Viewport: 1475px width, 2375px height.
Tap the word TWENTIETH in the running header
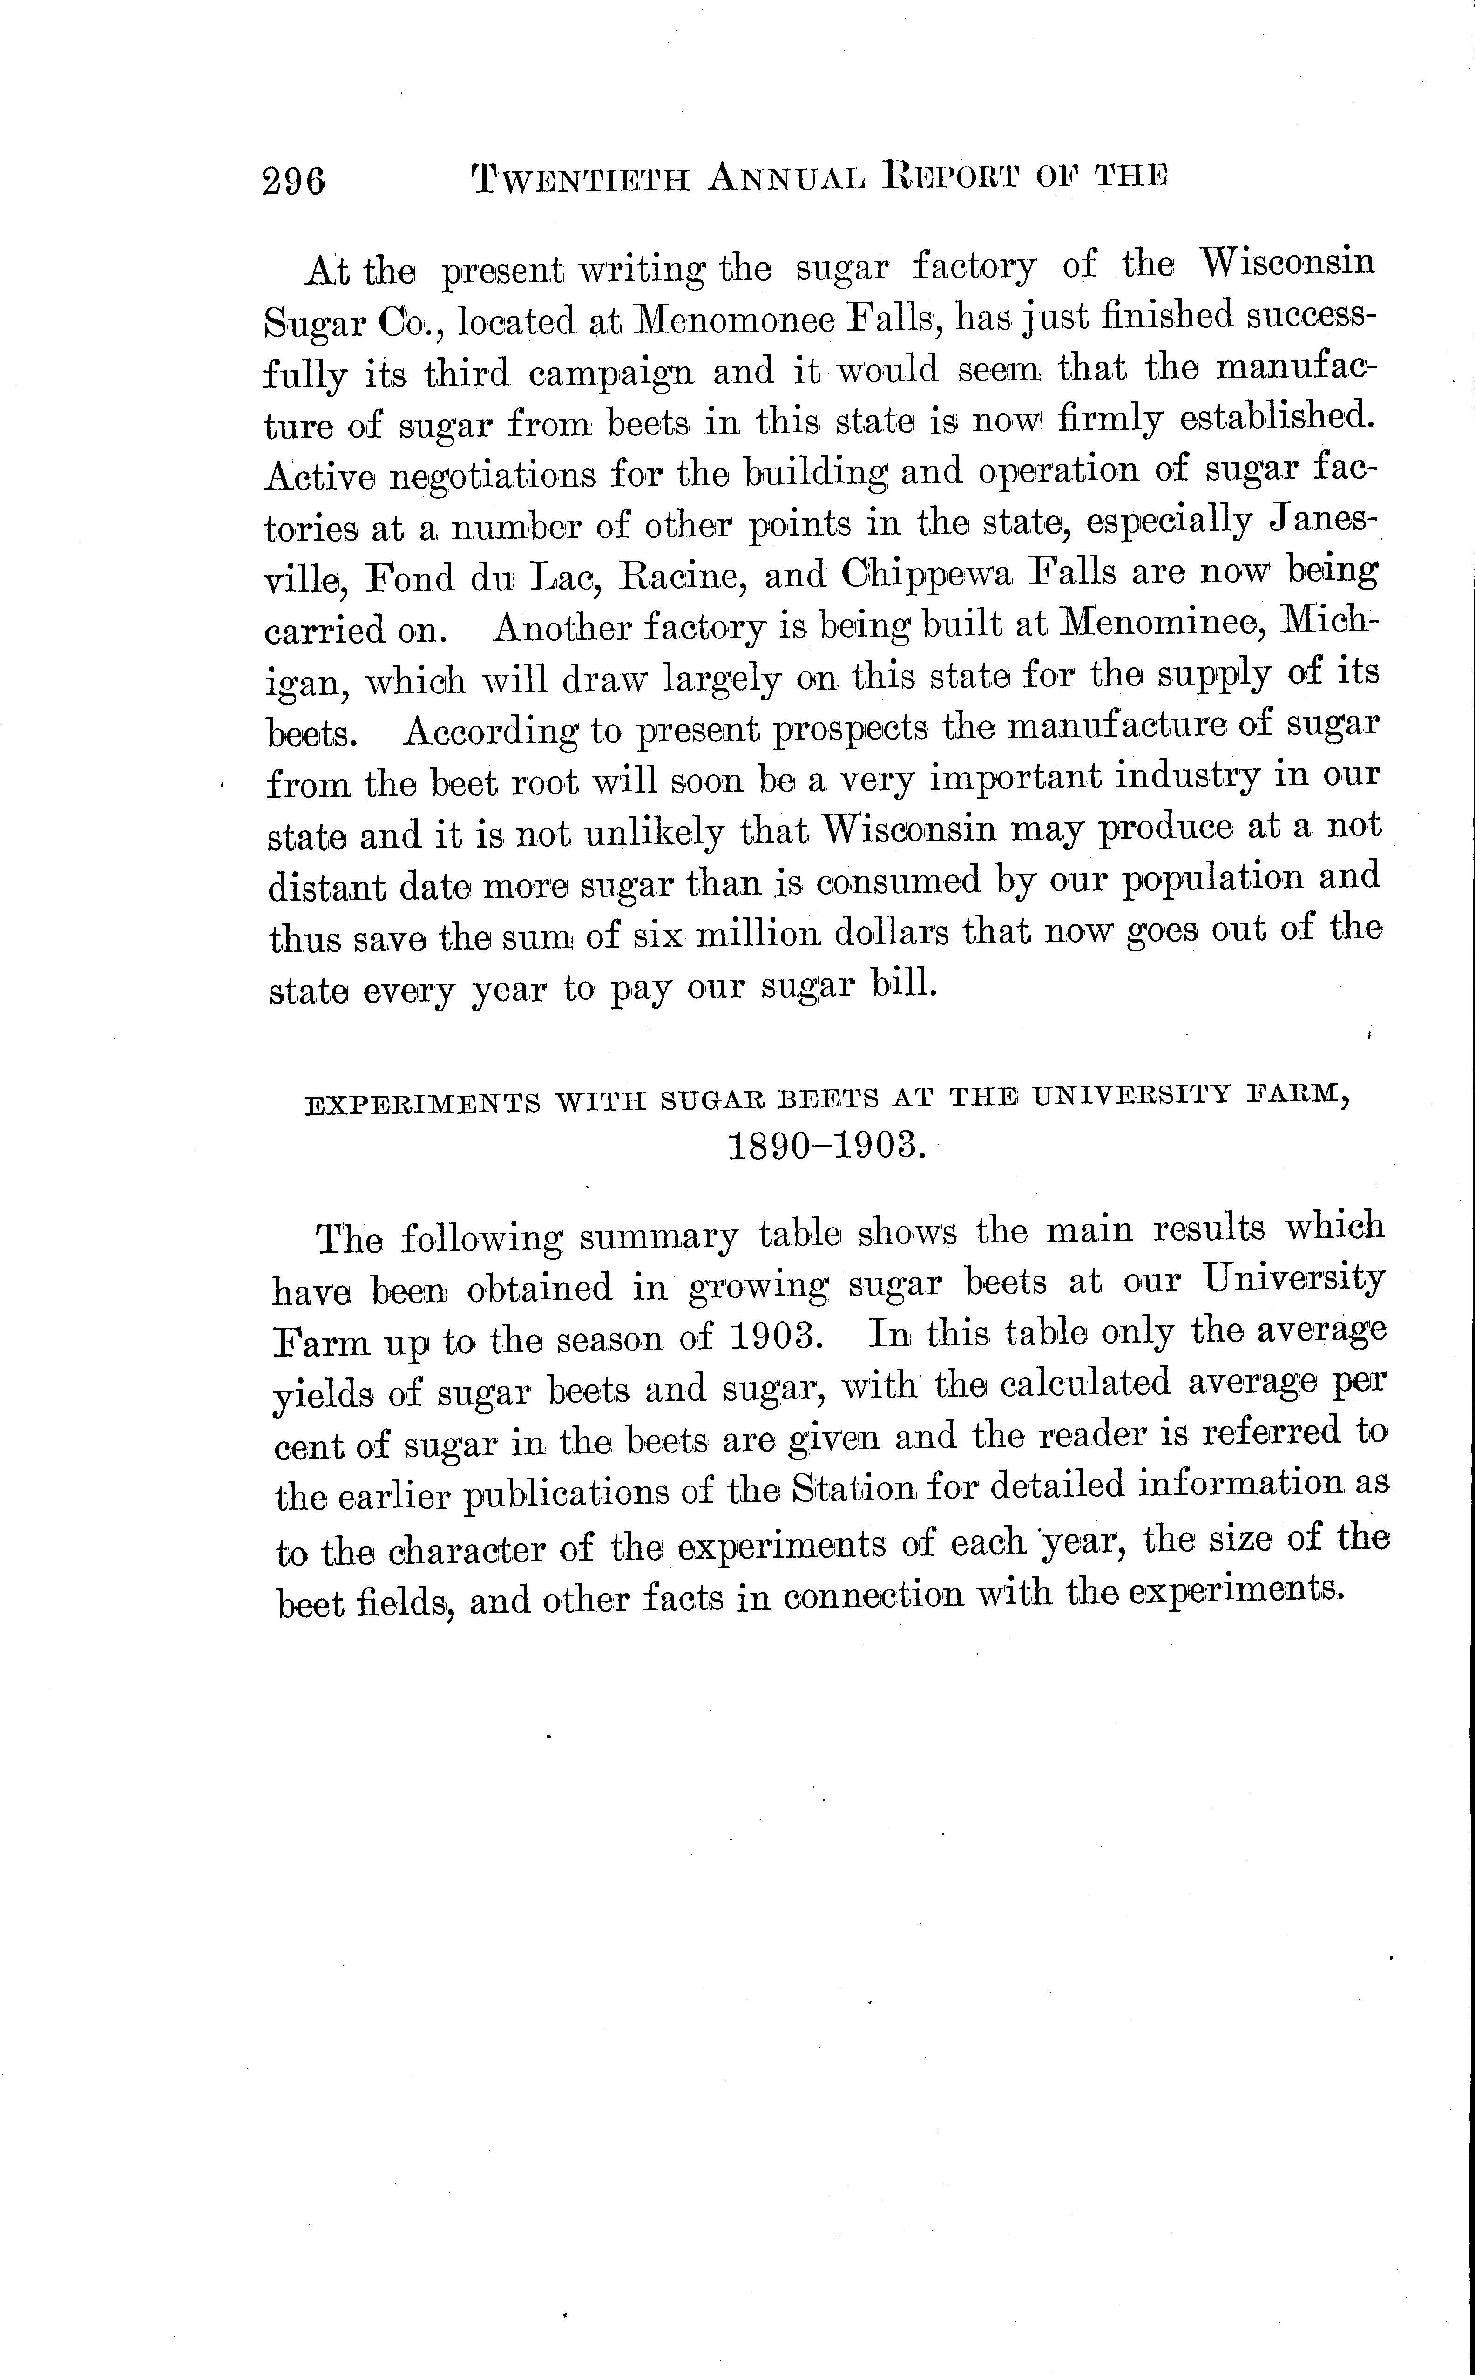582,178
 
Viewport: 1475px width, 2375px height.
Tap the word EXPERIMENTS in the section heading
422,1104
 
